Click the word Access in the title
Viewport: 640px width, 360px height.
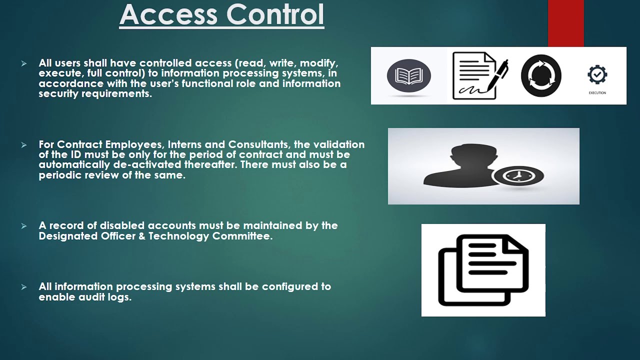168,14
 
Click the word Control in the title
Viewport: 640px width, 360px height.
275,14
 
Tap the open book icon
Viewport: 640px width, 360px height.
409,75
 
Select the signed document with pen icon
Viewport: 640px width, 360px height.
480,75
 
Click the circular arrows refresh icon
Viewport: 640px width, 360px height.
541,75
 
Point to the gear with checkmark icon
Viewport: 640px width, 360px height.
597,74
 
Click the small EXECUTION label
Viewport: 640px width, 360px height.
597,93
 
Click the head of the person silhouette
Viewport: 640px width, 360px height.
473,155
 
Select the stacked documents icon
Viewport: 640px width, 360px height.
483,270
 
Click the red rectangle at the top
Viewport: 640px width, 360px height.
565,23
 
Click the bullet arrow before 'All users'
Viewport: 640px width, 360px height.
23,63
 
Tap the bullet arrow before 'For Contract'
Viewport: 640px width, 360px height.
23,145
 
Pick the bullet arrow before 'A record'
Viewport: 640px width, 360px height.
23,226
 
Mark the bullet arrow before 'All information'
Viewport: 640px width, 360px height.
23,287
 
